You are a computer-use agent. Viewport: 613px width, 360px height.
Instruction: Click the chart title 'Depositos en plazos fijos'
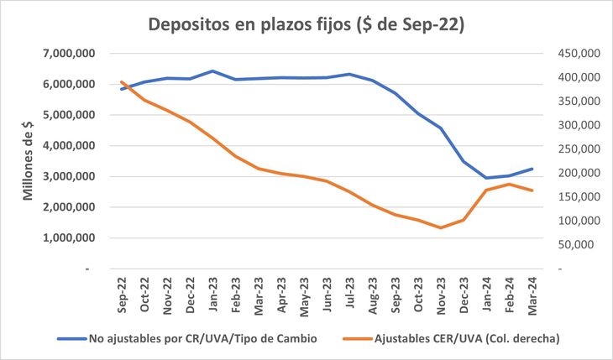[306, 24]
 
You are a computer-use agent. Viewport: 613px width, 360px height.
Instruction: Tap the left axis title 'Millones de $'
[27, 159]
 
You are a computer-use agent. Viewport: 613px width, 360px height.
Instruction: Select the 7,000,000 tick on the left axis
[69, 54]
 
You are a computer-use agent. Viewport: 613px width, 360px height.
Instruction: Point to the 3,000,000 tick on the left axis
[69, 176]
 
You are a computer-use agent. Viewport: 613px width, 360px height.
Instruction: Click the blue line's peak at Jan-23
[213, 71]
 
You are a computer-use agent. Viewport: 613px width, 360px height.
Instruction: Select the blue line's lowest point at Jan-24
[486, 178]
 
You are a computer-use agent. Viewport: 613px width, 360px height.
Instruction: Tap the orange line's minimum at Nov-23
[441, 227]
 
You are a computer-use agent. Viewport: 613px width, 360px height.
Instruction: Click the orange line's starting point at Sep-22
[123, 82]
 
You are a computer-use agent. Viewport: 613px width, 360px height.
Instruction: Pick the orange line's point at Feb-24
[509, 184]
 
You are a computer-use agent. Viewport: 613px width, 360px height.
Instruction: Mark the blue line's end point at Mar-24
[532, 169]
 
